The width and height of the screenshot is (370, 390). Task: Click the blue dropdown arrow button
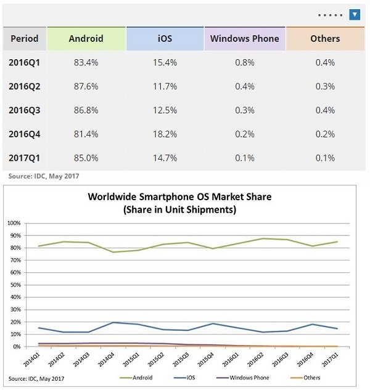pyautogui.click(x=355, y=14)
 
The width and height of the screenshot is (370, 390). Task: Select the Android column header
pyautogui.click(x=86, y=38)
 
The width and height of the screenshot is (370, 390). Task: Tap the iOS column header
pyautogui.click(x=165, y=38)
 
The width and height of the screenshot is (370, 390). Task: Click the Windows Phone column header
pyautogui.click(x=244, y=38)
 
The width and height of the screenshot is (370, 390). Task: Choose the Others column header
pyautogui.click(x=325, y=38)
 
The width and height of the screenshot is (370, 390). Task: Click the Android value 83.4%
pyautogui.click(x=86, y=62)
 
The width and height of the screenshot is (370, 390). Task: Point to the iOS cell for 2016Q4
pyautogui.click(x=165, y=134)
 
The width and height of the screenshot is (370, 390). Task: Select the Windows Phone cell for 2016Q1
pyautogui.click(x=244, y=62)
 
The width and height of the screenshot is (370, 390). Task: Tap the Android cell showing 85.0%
pyautogui.click(x=86, y=158)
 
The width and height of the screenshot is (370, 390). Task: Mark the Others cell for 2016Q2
pyautogui.click(x=325, y=86)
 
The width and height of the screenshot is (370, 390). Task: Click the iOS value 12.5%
pyautogui.click(x=165, y=110)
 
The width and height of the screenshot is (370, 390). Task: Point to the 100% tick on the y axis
pyautogui.click(x=14, y=223)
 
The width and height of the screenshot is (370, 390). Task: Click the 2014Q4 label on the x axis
pyautogui.click(x=107, y=359)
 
